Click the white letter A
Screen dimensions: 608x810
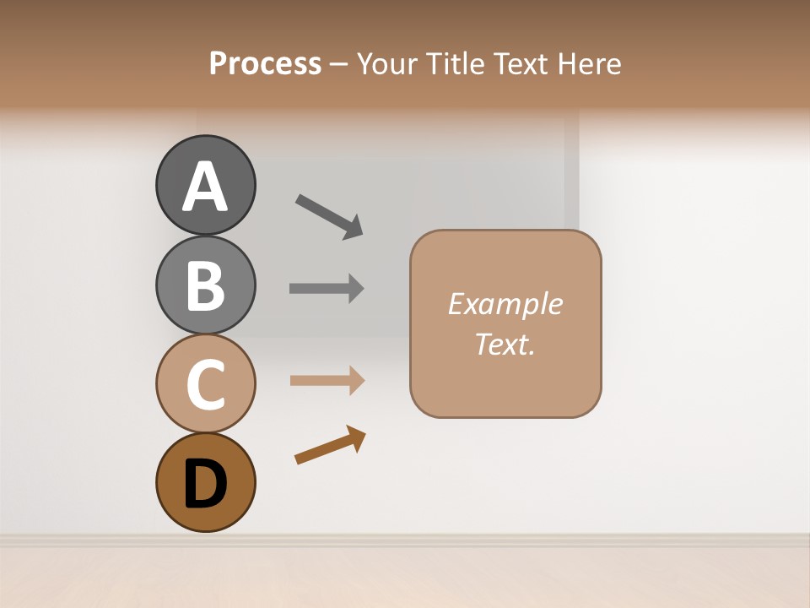205,187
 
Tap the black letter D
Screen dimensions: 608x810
205,484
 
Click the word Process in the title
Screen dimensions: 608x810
265,64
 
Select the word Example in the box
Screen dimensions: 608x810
505,304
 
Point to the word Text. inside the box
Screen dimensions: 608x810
505,344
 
